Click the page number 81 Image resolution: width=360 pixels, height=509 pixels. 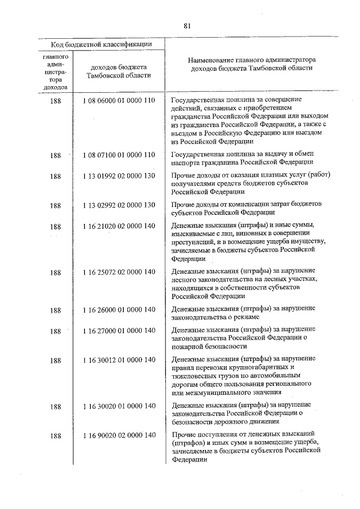pos(187,25)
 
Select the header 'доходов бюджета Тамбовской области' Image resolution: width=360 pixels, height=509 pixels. pos(118,71)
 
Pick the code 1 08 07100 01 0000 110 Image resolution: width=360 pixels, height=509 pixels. pos(118,154)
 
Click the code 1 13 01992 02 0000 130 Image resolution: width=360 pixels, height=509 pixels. pos(118,176)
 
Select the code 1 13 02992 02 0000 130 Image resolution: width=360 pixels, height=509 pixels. pos(118,205)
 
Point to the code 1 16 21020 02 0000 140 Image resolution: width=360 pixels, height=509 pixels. pos(118,227)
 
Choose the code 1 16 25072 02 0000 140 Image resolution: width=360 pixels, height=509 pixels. pos(118,272)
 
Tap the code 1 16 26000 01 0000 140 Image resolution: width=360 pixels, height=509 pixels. pos(118,309)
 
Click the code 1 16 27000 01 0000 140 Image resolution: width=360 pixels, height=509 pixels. pos(118,331)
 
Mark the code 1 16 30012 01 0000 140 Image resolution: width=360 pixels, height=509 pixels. pos(118,359)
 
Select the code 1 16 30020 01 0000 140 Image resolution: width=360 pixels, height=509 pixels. pos(118,405)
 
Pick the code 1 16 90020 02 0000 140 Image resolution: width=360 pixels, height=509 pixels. pos(118,435)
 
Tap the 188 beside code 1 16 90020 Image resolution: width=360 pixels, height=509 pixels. pos(55,435)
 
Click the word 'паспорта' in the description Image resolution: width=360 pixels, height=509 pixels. pos(186,162)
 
